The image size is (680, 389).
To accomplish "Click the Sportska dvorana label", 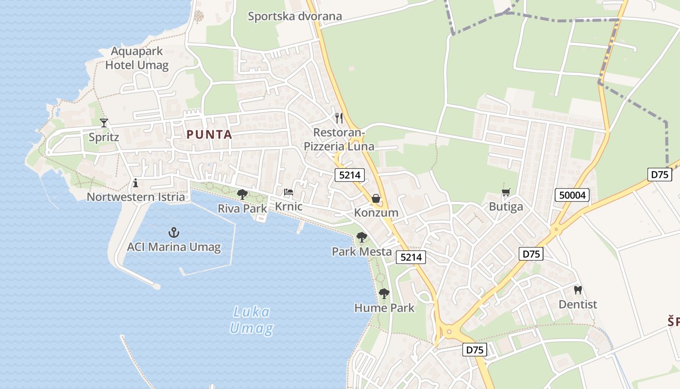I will tap(295, 16).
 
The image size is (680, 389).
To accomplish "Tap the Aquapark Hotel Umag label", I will tap(137, 58).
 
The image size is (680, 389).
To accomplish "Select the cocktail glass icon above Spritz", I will tap(103, 123).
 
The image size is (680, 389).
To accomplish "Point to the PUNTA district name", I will tap(209, 135).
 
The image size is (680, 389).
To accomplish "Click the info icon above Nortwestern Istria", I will tap(136, 183).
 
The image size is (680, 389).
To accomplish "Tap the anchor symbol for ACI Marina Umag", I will tap(173, 232).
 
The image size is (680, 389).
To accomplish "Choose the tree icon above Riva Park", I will tap(242, 194).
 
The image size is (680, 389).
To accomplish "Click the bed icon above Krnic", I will tap(289, 193).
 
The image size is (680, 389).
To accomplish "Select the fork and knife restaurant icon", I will tap(339, 118).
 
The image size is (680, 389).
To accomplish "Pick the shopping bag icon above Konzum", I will tap(376, 198).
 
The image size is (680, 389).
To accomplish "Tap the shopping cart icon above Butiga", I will tap(506, 193).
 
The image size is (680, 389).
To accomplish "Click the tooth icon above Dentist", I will tap(578, 290).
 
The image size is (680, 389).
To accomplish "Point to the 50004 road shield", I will tap(572, 195).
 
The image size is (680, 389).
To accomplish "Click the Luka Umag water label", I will tap(251, 320).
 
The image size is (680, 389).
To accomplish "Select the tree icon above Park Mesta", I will tap(361, 237).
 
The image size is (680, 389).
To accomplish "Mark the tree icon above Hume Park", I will tap(384, 294).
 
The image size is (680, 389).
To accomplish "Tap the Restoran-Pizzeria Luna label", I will tap(339, 140).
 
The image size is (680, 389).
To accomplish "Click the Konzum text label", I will tap(376, 212).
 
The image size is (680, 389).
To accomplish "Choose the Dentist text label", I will tap(578, 304).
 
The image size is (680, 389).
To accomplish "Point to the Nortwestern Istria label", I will tap(136, 197).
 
